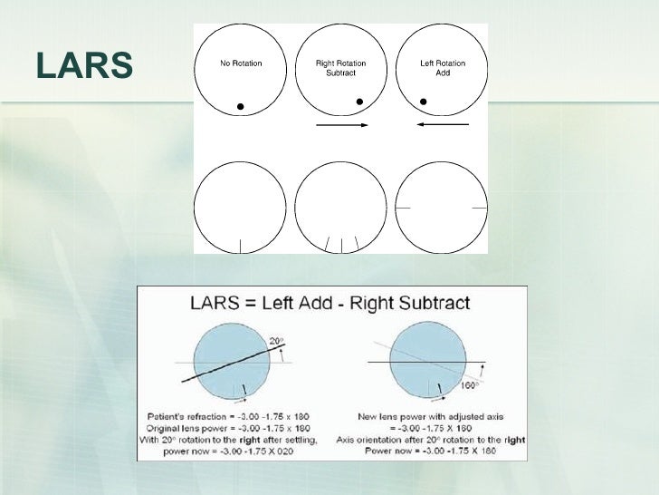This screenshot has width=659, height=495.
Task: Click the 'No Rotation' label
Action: point(240,63)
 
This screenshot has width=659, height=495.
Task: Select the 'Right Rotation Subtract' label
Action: point(341,68)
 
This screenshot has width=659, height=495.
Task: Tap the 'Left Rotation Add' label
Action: point(443,68)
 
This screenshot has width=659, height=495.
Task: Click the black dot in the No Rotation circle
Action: point(240,107)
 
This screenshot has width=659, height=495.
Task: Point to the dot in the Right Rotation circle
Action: point(359,101)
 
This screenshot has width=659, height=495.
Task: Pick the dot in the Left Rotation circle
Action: point(422,101)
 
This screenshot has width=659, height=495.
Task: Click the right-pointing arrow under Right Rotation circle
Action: point(341,124)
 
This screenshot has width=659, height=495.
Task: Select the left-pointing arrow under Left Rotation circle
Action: point(443,124)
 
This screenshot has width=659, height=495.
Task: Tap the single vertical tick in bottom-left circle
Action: point(240,245)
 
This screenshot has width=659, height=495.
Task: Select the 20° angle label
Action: point(276,341)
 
